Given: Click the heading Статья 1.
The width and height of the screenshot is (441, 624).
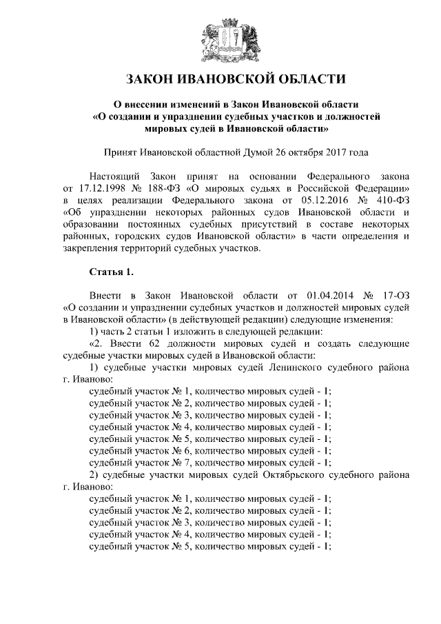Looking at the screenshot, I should (x=112, y=271).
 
